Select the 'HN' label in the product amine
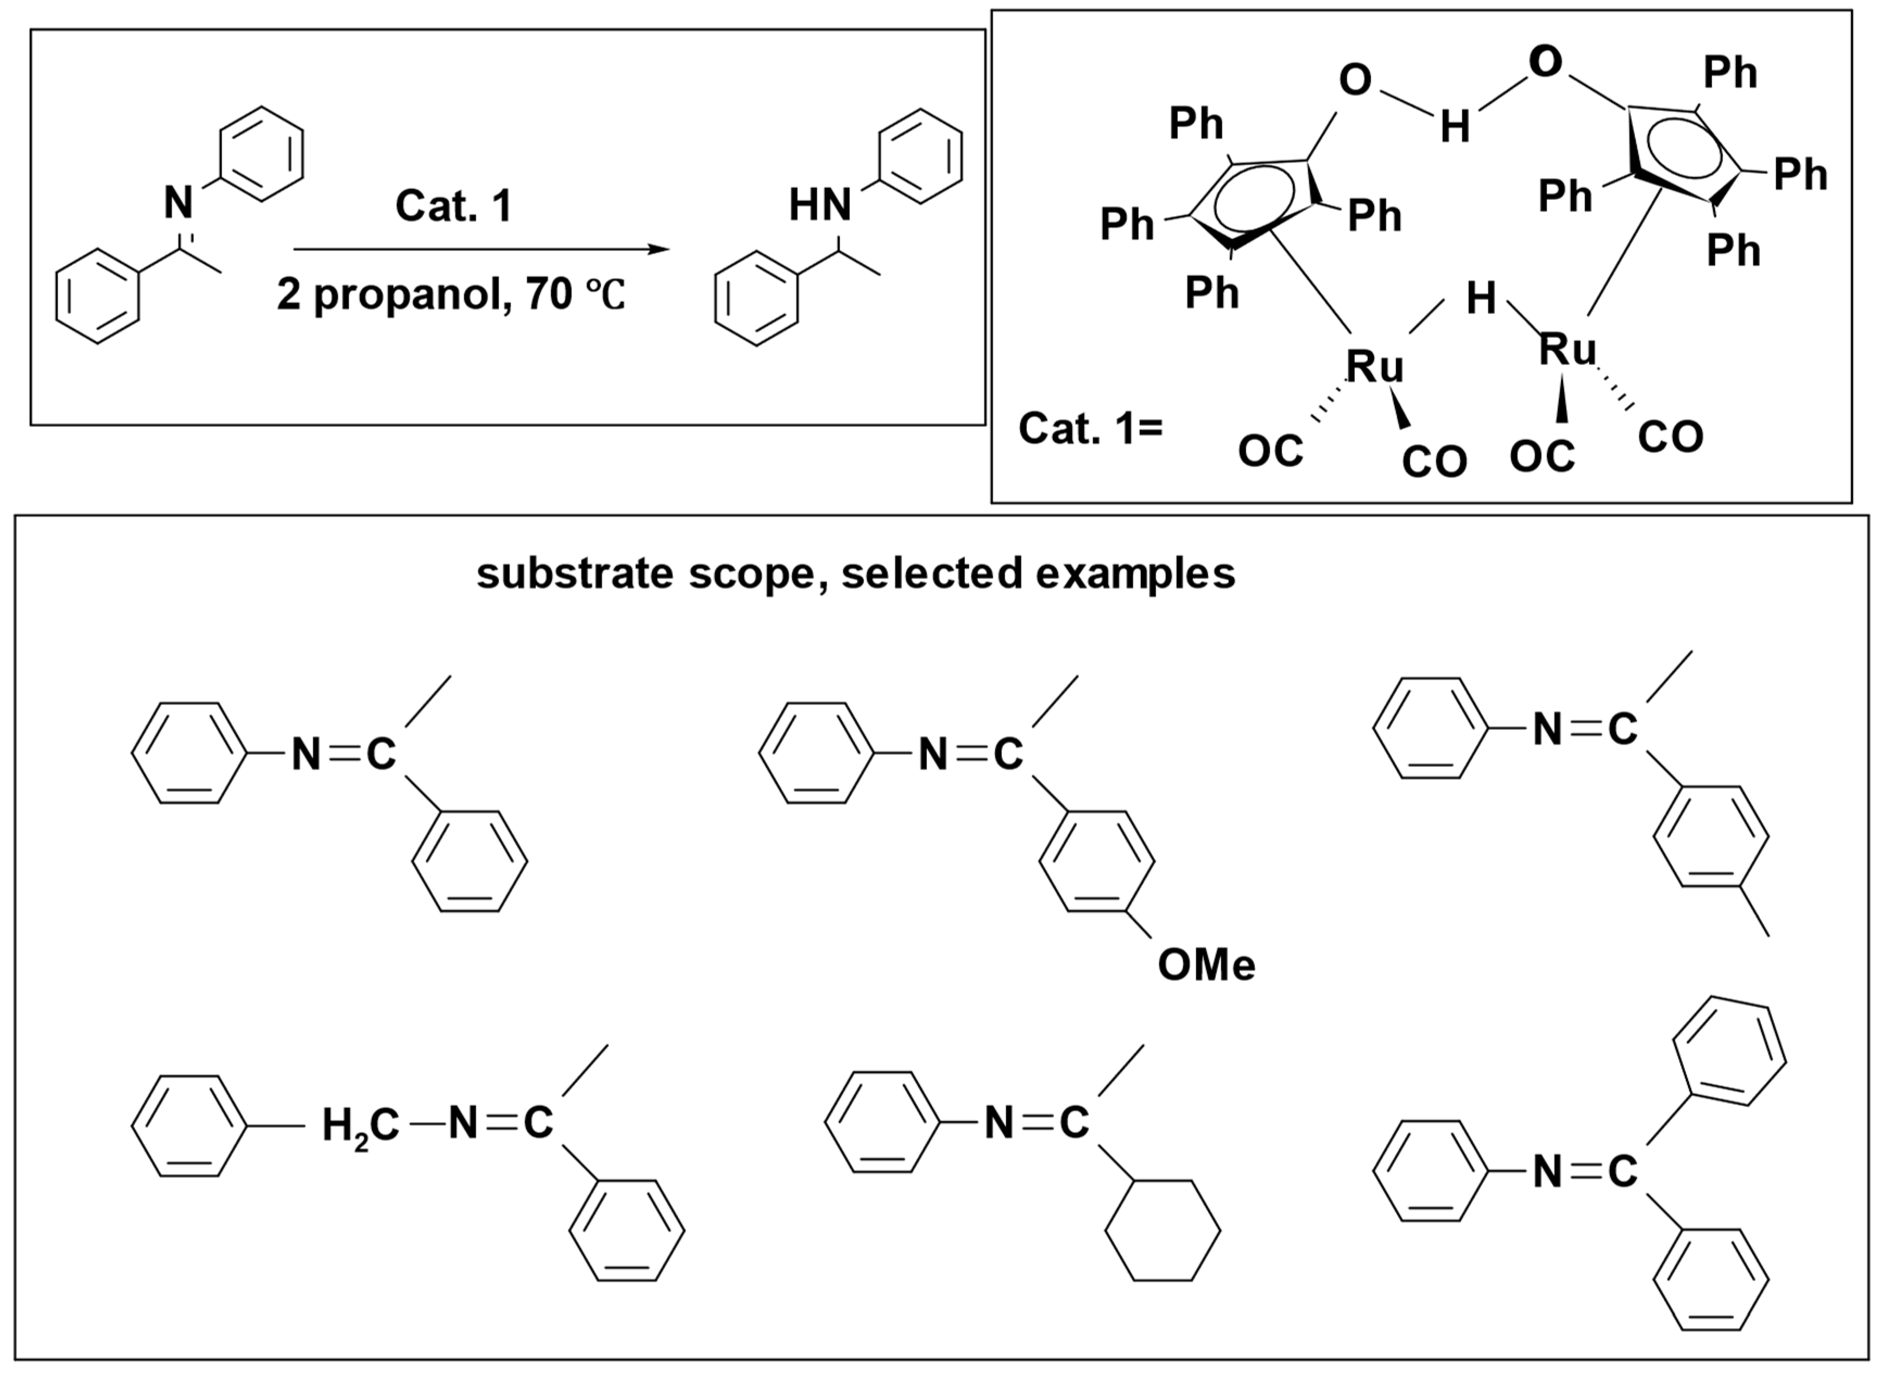(819, 205)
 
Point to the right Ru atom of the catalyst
(1567, 348)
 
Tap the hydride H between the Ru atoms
(1481, 298)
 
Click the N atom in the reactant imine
(179, 202)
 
